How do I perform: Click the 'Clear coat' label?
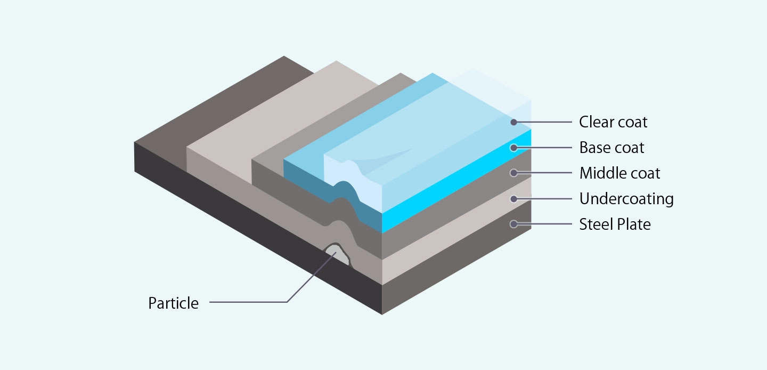[x=613, y=122]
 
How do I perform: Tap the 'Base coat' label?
[x=611, y=148]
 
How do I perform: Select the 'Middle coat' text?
[x=619, y=173]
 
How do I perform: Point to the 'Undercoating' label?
[x=626, y=199]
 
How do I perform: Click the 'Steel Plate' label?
[x=615, y=224]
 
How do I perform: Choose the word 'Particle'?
[x=173, y=303]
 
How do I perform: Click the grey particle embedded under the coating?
[x=337, y=254]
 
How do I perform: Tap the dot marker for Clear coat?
[x=513, y=122]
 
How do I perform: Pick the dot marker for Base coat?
[x=513, y=148]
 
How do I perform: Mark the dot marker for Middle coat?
[x=513, y=173]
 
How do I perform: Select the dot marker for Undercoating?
[x=513, y=199]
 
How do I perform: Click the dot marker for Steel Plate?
[x=513, y=224]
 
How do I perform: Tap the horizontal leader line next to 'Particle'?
[x=248, y=302]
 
